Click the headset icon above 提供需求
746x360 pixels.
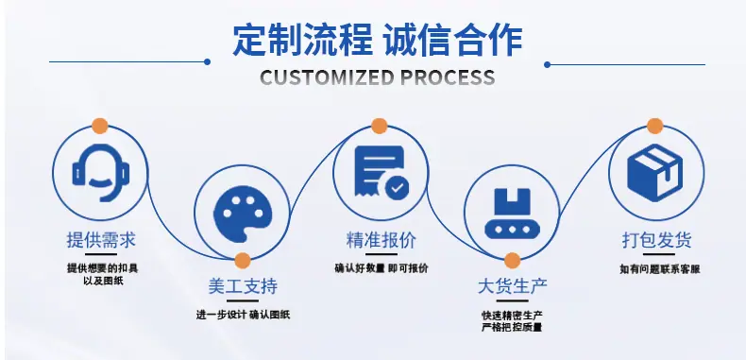coord(101,172)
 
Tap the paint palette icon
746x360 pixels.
coord(243,214)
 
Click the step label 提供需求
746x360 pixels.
coord(101,240)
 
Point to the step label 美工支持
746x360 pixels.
coord(243,286)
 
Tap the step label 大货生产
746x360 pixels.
coord(513,286)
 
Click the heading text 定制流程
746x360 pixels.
coord(302,40)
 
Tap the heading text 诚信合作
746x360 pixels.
coord(453,40)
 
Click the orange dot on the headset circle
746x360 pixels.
coord(100,126)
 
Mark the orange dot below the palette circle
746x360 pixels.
coord(243,261)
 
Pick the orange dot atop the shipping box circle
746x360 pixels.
coord(655,126)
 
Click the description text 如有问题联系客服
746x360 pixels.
coord(660,269)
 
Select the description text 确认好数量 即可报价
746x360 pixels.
coord(381,268)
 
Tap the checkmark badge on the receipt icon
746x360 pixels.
coord(397,188)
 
